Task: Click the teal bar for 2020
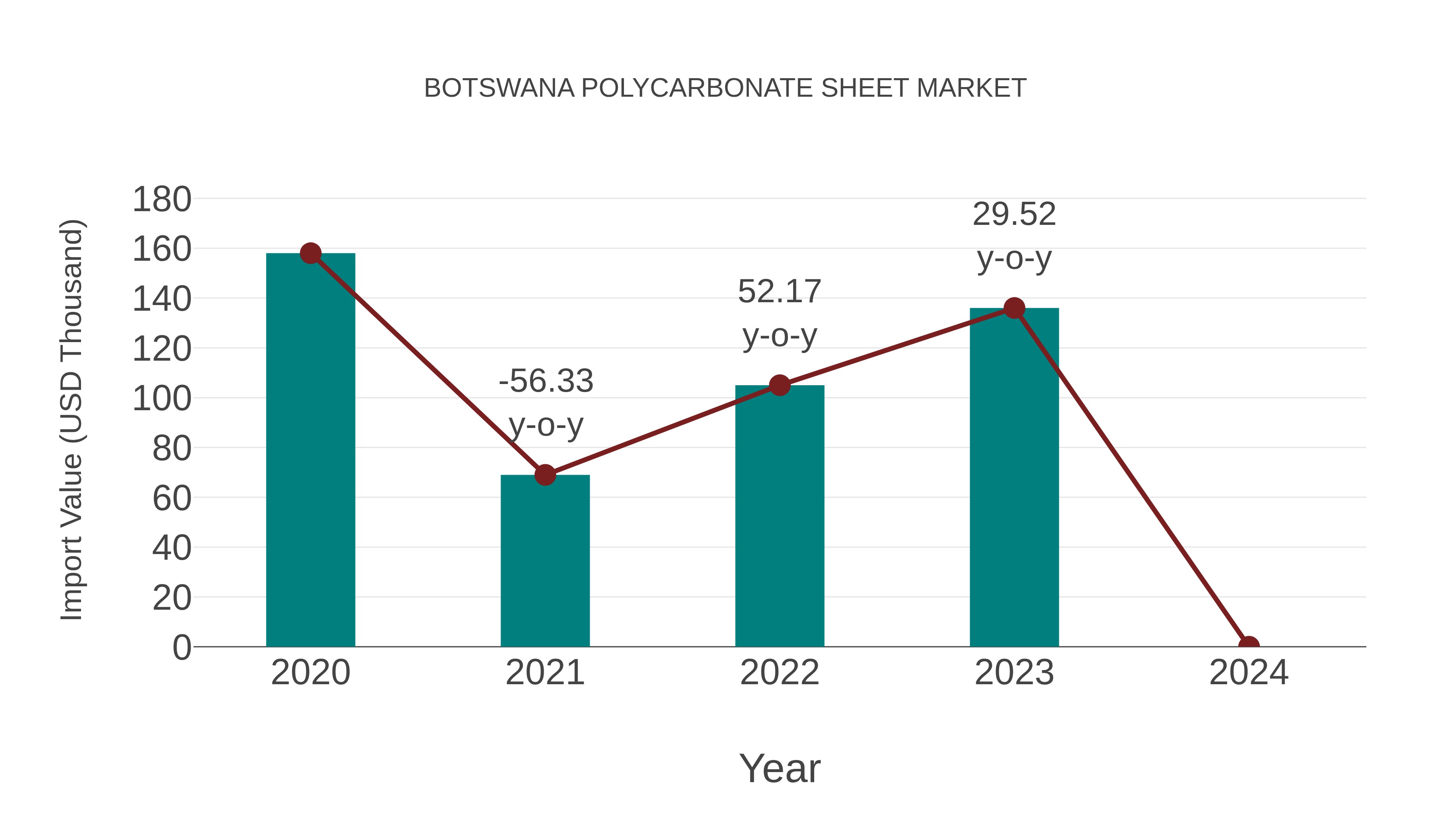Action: [x=310, y=451]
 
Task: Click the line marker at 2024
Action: [x=1249, y=646]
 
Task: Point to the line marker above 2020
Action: [x=310, y=253]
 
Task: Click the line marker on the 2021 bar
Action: [x=545, y=475]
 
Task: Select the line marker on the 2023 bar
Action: [x=1014, y=308]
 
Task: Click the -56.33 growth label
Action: [x=546, y=381]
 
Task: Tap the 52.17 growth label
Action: [x=779, y=292]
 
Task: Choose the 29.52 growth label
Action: [x=1014, y=214]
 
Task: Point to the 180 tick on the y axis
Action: [x=162, y=199]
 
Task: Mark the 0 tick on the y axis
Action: [x=181, y=647]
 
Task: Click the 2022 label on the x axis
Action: [x=779, y=673]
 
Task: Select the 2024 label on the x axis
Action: [x=1249, y=673]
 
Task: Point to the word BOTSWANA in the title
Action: [x=499, y=88]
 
